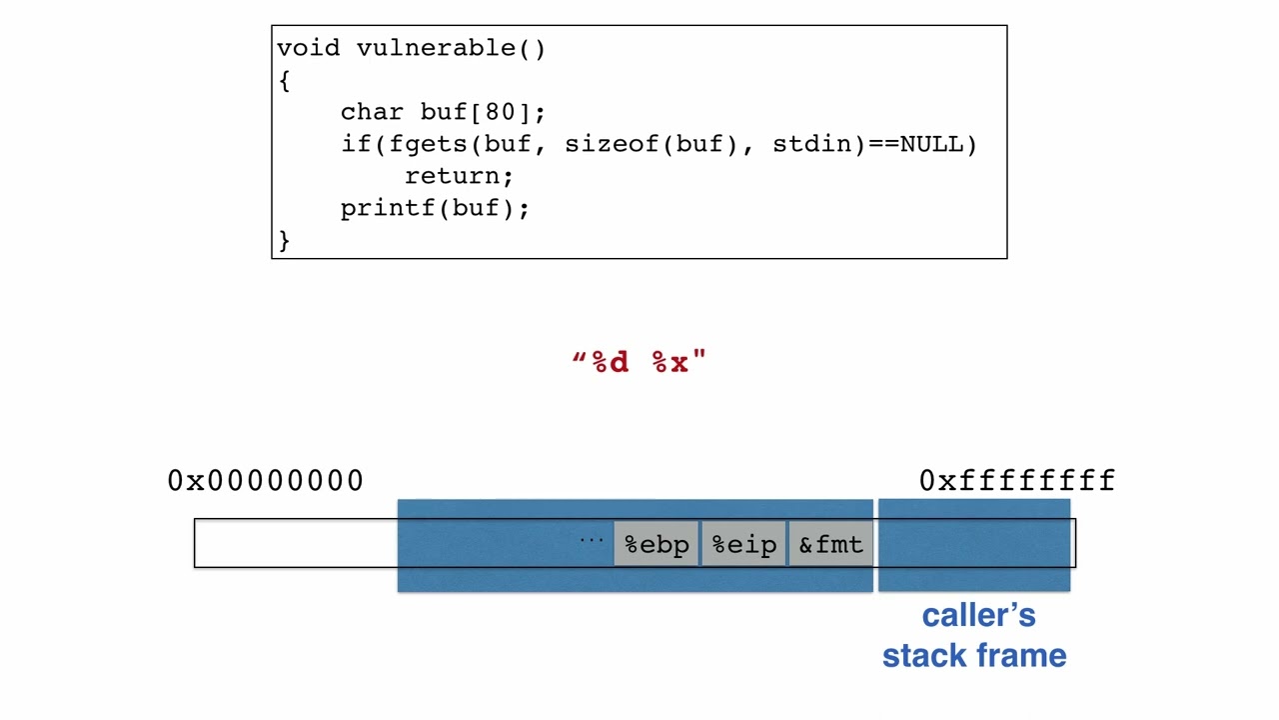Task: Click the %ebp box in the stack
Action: (x=656, y=545)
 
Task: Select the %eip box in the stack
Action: (x=744, y=545)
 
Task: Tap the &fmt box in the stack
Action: (x=830, y=545)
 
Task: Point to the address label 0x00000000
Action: (x=265, y=481)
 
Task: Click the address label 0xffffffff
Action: (x=1016, y=481)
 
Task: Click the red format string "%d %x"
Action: (x=639, y=362)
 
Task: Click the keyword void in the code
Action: (x=308, y=48)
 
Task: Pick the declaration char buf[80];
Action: (x=443, y=112)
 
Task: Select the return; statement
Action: (x=459, y=176)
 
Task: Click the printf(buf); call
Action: (x=435, y=208)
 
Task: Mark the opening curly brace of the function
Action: (x=285, y=80)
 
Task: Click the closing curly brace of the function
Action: (x=285, y=240)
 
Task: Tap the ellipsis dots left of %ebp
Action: (x=592, y=541)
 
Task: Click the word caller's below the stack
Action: (x=978, y=616)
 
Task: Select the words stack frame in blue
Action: (x=974, y=656)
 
